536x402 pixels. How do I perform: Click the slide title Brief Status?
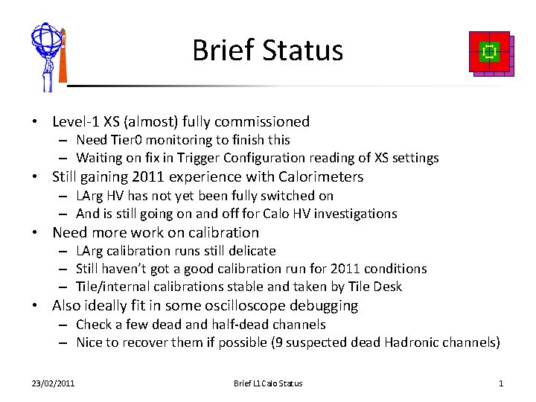(x=267, y=51)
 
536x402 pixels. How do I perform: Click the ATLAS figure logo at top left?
(x=48, y=57)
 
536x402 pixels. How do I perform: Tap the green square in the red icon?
(x=489, y=51)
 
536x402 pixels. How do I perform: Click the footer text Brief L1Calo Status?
(x=268, y=383)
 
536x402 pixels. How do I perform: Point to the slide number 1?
(x=501, y=383)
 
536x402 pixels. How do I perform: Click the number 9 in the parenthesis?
(x=308, y=342)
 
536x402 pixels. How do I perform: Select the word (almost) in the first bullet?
(x=151, y=121)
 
